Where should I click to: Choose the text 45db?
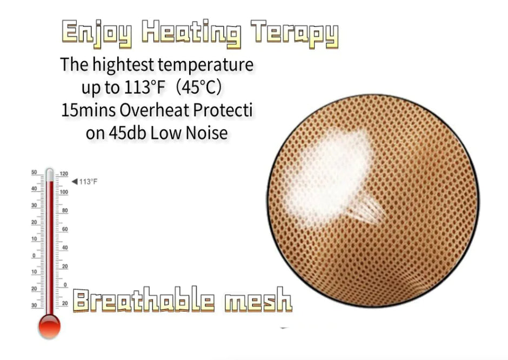[x=125, y=133]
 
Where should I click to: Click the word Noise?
[x=204, y=133]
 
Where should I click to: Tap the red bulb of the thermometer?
[x=49, y=326]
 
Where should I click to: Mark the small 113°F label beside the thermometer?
[x=89, y=182]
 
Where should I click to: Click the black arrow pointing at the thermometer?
[x=75, y=182]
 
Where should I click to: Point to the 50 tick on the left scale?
[x=34, y=172]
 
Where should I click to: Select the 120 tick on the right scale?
[x=64, y=174]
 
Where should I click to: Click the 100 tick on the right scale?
[x=64, y=192]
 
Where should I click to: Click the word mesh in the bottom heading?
[x=258, y=301]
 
